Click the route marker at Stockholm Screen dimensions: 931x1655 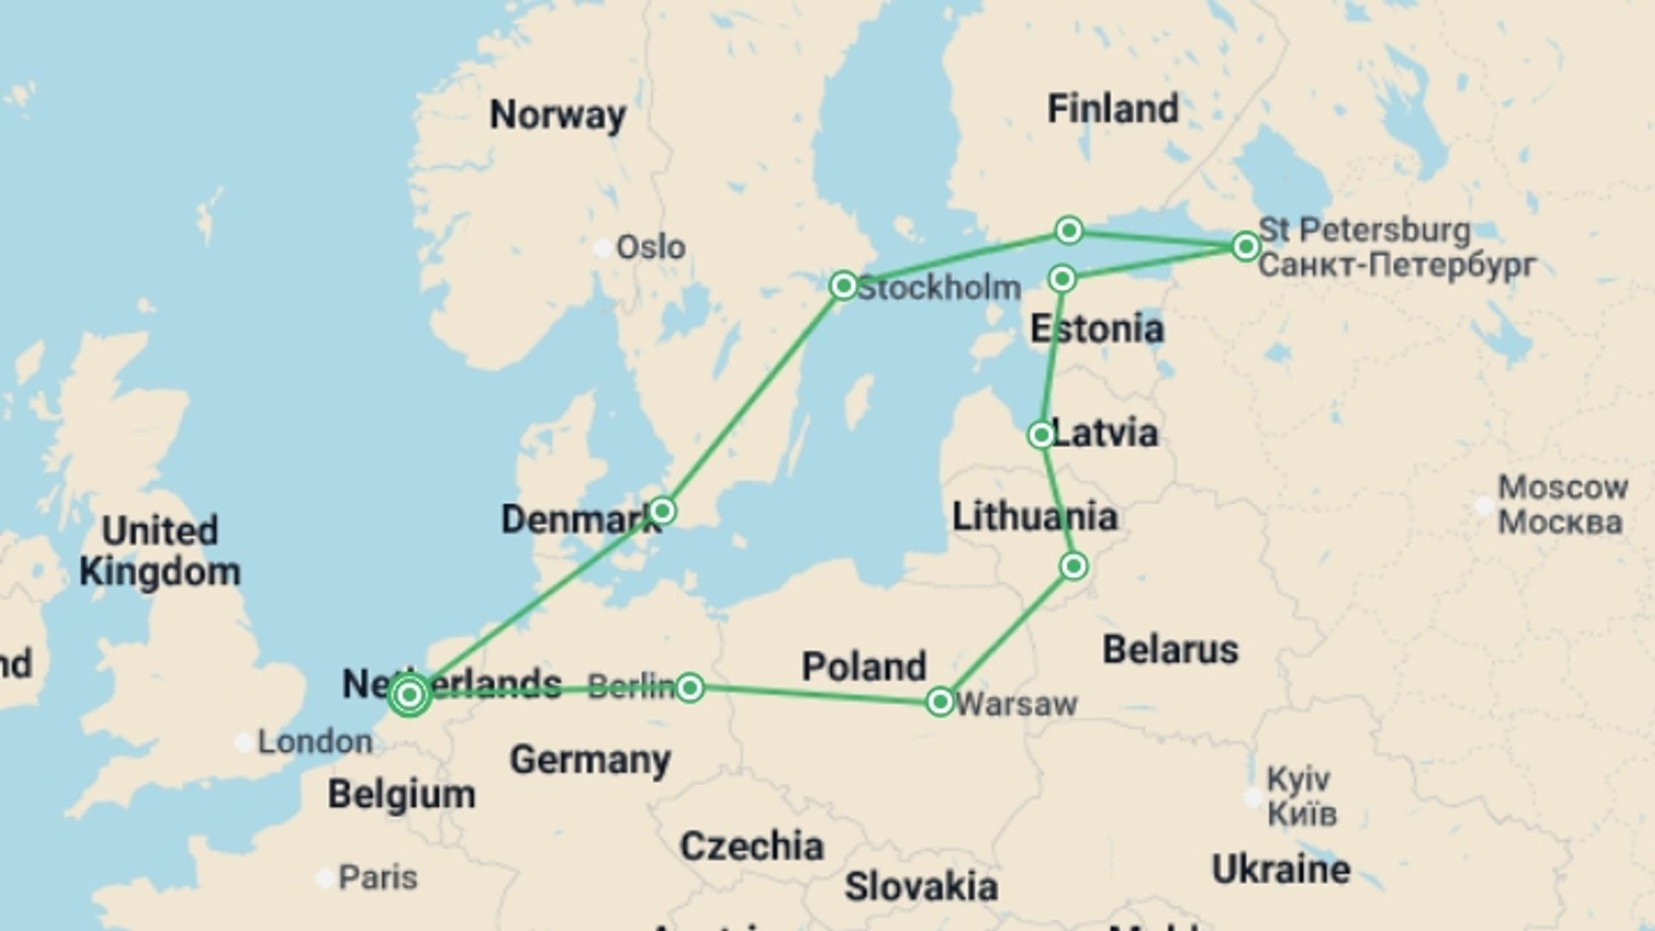click(x=843, y=285)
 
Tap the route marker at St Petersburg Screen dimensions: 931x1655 click(x=1245, y=247)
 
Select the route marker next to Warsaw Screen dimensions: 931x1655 click(x=940, y=701)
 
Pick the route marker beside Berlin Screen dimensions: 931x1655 click(x=690, y=687)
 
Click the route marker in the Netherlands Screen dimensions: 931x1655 click(x=409, y=694)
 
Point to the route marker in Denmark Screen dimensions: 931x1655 click(x=662, y=510)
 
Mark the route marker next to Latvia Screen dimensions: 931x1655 click(x=1040, y=434)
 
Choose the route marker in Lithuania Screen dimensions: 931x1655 click(x=1074, y=565)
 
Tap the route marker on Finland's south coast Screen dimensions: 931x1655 click(x=1069, y=230)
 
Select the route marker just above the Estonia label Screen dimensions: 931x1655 click(x=1062, y=278)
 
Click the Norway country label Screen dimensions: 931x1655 click(x=558, y=115)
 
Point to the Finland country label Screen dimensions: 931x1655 click(x=1112, y=109)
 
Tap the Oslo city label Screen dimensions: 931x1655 click(x=651, y=248)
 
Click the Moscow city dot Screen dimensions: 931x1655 click(x=1484, y=505)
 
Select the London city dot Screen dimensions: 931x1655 click(x=245, y=742)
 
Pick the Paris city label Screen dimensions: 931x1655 click(x=378, y=878)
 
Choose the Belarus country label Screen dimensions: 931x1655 click(x=1170, y=650)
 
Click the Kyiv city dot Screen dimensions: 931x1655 click(x=1253, y=797)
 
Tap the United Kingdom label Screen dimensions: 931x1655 click(x=160, y=552)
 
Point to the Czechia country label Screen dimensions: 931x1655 click(x=752, y=847)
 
